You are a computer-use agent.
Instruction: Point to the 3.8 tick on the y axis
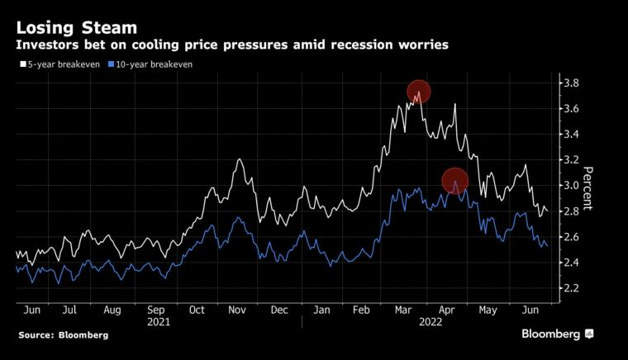click(571, 83)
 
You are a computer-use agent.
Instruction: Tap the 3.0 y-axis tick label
click(571, 186)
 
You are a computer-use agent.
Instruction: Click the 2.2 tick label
click(571, 288)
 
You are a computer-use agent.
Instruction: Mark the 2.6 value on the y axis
click(571, 237)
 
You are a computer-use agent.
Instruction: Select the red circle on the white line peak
click(419, 92)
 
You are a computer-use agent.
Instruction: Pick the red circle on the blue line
click(455, 181)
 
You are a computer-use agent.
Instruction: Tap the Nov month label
click(238, 310)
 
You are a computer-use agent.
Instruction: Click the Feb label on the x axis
click(361, 310)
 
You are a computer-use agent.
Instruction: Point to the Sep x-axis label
click(156, 310)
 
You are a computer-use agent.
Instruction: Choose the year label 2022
click(431, 323)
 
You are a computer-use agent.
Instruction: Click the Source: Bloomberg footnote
click(64, 335)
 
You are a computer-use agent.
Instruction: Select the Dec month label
click(279, 310)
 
